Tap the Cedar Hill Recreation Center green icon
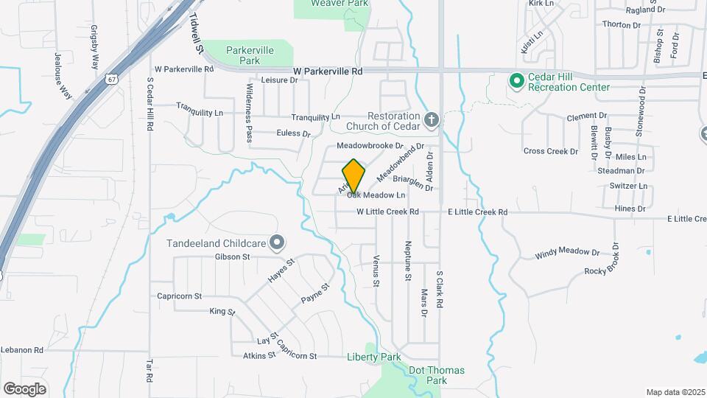[x=516, y=81]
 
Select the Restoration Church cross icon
[x=432, y=119]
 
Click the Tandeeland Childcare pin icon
[x=277, y=242]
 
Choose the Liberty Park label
[x=373, y=357]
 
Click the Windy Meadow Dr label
[x=567, y=252]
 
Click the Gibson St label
[x=233, y=257]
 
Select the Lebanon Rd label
[x=24, y=350]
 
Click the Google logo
[x=24, y=388]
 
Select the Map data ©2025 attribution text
[x=675, y=392]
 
